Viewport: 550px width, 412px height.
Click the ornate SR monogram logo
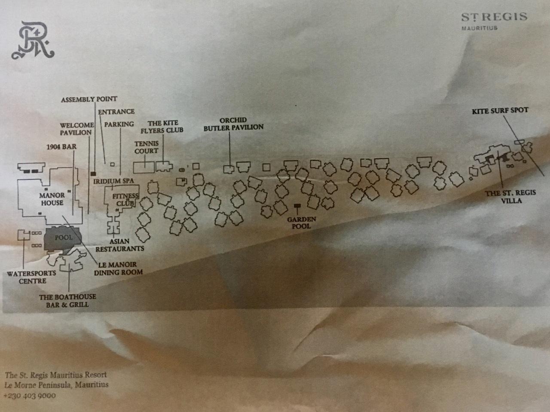point(33,40)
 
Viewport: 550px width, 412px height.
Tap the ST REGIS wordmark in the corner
point(495,17)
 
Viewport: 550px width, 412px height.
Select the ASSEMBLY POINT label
point(89,99)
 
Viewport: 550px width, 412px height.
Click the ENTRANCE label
point(116,111)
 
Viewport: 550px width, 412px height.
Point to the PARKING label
point(119,124)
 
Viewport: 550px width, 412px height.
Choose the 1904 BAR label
point(61,147)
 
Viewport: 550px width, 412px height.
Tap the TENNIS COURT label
point(147,147)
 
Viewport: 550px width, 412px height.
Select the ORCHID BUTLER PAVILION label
point(233,124)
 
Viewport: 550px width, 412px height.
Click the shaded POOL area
point(63,239)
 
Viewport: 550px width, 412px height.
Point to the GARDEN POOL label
point(302,223)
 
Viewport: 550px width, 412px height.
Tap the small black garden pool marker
point(297,206)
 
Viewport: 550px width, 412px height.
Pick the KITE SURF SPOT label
point(500,111)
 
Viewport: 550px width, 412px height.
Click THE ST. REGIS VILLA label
point(511,197)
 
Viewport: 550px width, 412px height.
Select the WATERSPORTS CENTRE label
point(31,277)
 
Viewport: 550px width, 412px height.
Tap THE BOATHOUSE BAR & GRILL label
point(67,301)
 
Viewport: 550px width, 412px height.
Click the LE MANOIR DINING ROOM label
point(118,268)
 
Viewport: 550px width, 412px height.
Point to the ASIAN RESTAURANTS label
point(120,245)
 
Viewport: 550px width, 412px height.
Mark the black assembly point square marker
point(93,173)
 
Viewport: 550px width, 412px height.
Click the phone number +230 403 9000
point(30,396)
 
